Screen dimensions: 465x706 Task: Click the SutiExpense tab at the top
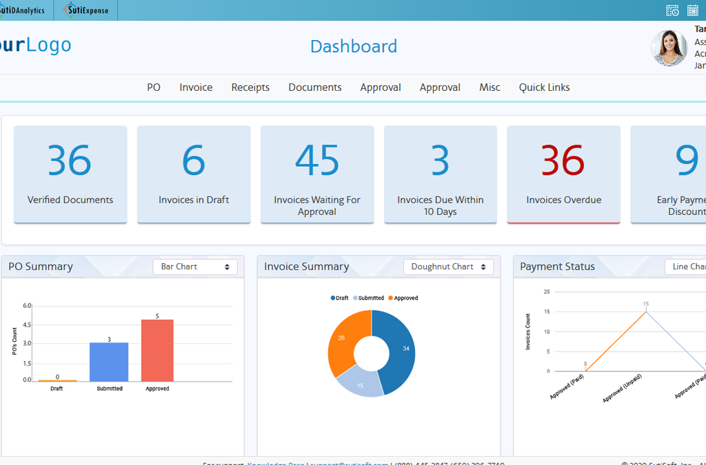coord(85,10)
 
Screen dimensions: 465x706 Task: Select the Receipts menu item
coord(250,87)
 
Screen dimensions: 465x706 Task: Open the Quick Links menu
coord(544,87)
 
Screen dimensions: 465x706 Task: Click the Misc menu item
coord(490,87)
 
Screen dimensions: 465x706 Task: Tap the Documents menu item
coord(315,87)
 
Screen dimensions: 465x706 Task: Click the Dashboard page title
coord(353,46)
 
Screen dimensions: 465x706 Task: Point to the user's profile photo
coord(669,48)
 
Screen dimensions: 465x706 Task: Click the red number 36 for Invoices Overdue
coord(563,160)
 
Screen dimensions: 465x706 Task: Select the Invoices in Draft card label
coord(194,200)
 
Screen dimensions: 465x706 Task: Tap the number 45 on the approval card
coord(317,160)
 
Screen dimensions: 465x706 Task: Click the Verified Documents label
coord(70,200)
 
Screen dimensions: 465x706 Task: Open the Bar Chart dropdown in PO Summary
coord(195,267)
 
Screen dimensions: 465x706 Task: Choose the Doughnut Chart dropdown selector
coord(448,267)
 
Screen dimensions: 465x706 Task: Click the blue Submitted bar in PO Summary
coord(109,362)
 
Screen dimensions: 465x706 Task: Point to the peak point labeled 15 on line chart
coord(646,311)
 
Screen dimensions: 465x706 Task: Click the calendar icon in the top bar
coord(693,10)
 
